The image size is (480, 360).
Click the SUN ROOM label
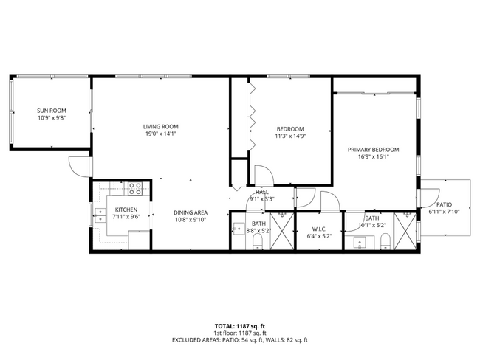pyautogui.click(x=52, y=110)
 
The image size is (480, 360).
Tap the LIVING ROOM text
pyautogui.click(x=160, y=126)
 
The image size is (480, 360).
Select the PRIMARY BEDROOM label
pyautogui.click(x=373, y=149)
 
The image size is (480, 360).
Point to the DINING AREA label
pyautogui.click(x=191, y=212)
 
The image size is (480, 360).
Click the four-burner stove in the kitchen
pyautogui.click(x=135, y=188)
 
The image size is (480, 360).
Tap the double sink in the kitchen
pyautogui.click(x=99, y=215)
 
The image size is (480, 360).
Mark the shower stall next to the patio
pyautogui.click(x=405, y=231)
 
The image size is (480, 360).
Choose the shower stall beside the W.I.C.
pyautogui.click(x=281, y=231)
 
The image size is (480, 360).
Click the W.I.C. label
pyautogui.click(x=319, y=228)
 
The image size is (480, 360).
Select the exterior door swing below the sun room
pyautogui.click(x=78, y=166)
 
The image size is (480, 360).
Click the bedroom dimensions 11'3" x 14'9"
pyautogui.click(x=289, y=136)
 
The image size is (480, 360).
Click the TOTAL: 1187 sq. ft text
pyautogui.click(x=240, y=325)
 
